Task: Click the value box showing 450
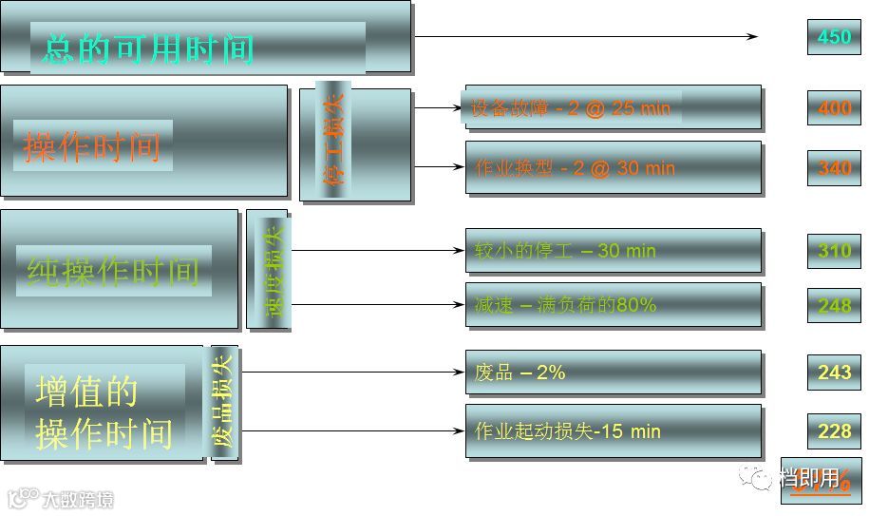coord(834,36)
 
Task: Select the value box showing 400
coord(834,108)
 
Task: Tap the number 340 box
coord(834,168)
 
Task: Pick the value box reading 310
coord(834,251)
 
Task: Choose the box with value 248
coord(834,305)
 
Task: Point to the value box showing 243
coord(834,373)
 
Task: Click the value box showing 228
coord(834,430)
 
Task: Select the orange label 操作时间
coord(92,146)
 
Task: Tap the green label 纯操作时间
coord(113,271)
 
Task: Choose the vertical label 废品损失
coord(224,403)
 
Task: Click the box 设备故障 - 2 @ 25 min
coord(613,108)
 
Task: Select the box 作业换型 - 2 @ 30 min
coord(613,168)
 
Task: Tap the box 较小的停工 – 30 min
coord(613,251)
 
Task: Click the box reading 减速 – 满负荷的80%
coord(613,305)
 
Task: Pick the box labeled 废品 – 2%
coord(613,373)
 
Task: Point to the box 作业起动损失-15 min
coord(613,431)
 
